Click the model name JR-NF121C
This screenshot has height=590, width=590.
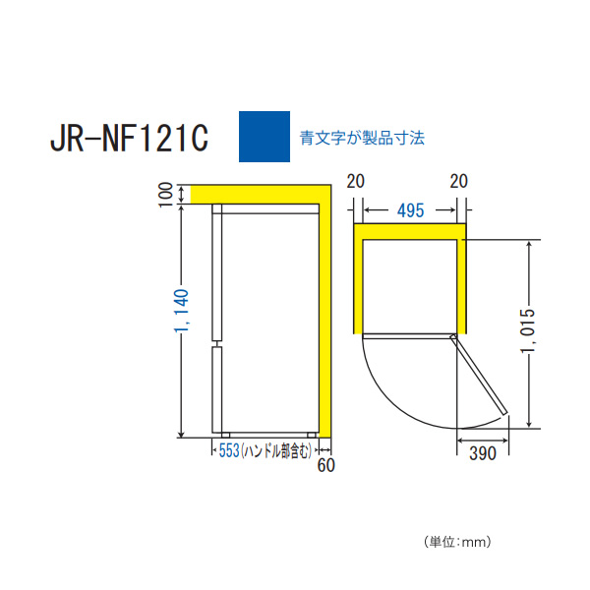pyautogui.click(x=129, y=138)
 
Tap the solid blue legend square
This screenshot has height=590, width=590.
pyautogui.click(x=265, y=137)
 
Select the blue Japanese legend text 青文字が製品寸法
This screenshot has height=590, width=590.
pyautogui.click(x=362, y=138)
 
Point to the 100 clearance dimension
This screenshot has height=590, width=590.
pyautogui.click(x=166, y=195)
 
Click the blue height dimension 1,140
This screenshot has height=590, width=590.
pyautogui.click(x=181, y=311)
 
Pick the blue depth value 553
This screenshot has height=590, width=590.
pyautogui.click(x=229, y=450)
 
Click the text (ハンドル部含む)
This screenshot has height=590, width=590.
pyautogui.click(x=276, y=450)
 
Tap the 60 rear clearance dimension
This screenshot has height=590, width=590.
pyautogui.click(x=325, y=465)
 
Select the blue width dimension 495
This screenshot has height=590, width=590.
pyautogui.click(x=410, y=210)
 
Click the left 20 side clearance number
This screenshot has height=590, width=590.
pyautogui.click(x=356, y=181)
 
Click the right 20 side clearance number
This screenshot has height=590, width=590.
pyautogui.click(x=458, y=181)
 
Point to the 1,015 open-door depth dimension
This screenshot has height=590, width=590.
pyautogui.click(x=527, y=330)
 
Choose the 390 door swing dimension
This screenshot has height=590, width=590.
pyautogui.click(x=483, y=453)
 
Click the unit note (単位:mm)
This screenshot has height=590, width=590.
pyautogui.click(x=457, y=542)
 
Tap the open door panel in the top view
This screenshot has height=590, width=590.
pyautogui.click(x=479, y=375)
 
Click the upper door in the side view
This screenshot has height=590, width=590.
pyautogui.click(x=217, y=272)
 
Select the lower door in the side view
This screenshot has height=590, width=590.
pyautogui.click(x=217, y=389)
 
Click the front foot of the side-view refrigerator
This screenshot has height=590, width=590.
pyautogui.click(x=225, y=436)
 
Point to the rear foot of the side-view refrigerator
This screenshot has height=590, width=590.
pyautogui.click(x=312, y=436)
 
